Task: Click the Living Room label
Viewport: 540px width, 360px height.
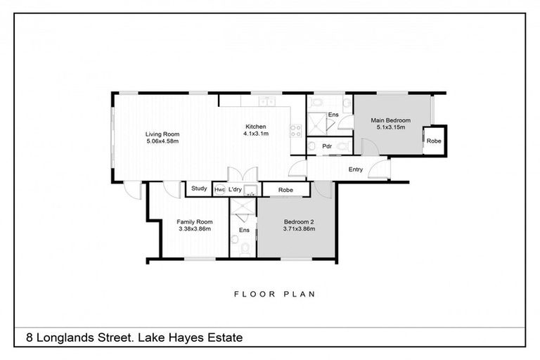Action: [x=162, y=134]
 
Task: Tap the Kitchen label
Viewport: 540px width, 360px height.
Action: [x=256, y=127]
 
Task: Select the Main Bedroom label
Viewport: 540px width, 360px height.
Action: [x=392, y=120]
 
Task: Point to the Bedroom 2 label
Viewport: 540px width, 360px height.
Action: [x=298, y=221]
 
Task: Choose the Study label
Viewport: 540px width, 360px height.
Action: [x=198, y=188]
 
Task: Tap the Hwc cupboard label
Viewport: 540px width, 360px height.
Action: [x=219, y=189]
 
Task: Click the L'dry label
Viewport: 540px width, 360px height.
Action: [x=235, y=189]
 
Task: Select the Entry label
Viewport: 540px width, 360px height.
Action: [x=356, y=169]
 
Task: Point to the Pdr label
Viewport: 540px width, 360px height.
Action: [x=326, y=146]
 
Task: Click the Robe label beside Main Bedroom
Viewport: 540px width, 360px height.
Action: [x=433, y=141]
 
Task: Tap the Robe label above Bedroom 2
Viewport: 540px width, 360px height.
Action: [x=285, y=189]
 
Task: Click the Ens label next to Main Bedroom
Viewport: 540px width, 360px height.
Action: [x=333, y=115]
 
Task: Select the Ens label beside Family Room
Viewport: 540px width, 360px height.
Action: [x=244, y=230]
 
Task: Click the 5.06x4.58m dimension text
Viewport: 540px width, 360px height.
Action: [x=162, y=141]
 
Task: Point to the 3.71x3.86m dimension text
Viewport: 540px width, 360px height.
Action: [x=298, y=229]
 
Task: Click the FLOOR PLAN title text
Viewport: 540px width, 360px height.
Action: [x=274, y=294]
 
